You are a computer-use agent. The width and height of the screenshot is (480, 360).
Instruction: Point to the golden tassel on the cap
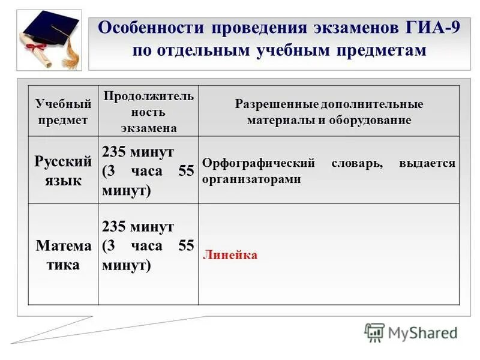[71, 50]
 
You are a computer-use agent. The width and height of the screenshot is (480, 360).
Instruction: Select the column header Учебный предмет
[63, 112]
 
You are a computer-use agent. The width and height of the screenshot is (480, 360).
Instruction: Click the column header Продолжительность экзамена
[148, 112]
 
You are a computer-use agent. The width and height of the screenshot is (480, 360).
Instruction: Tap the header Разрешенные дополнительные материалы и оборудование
[329, 112]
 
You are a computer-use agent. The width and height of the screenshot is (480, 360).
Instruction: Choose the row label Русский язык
[63, 170]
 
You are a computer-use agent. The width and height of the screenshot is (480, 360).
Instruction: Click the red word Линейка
[230, 255]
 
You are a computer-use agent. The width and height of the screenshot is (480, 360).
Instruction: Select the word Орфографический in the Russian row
[259, 163]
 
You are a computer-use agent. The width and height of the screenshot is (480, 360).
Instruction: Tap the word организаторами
[251, 179]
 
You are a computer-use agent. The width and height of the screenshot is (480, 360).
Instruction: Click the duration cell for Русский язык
[148, 170]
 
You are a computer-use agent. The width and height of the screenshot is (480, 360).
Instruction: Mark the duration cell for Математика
[148, 246]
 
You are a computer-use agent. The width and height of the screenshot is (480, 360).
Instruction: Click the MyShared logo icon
[374, 332]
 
